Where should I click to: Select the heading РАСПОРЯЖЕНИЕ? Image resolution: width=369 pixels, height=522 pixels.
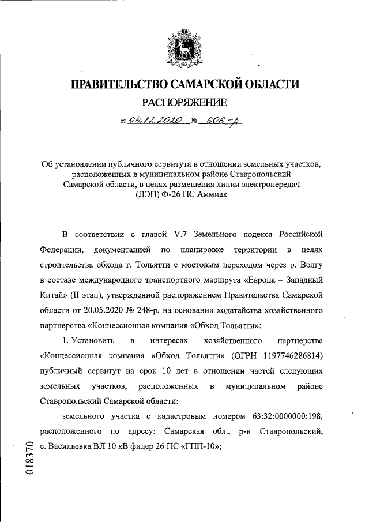[184, 103]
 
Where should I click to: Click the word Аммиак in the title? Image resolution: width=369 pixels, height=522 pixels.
[212, 195]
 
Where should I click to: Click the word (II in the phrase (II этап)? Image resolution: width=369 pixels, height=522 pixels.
[72, 296]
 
